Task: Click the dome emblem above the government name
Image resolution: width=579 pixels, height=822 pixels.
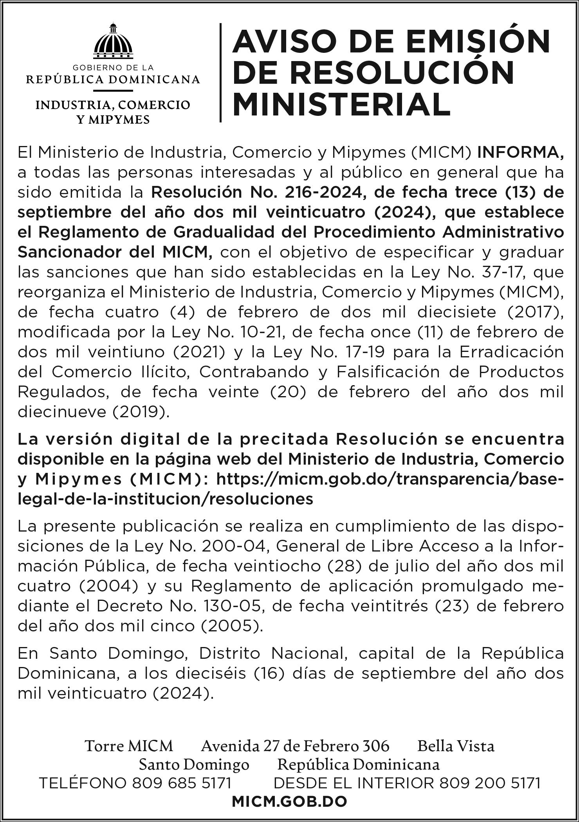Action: pyautogui.click(x=113, y=40)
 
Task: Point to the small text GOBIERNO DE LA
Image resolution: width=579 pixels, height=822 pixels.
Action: pyautogui.click(x=113, y=68)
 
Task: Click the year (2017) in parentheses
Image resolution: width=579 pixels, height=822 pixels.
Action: pyautogui.click(x=534, y=312)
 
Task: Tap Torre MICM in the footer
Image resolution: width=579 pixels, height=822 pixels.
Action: pyautogui.click(x=129, y=746)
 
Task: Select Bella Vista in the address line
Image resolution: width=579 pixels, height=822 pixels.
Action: pyautogui.click(x=456, y=746)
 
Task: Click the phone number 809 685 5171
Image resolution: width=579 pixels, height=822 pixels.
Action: pyautogui.click(x=182, y=783)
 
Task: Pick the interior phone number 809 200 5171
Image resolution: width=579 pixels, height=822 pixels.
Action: pyautogui.click(x=490, y=783)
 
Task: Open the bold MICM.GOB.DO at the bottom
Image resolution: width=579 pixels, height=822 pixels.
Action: pyautogui.click(x=289, y=801)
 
